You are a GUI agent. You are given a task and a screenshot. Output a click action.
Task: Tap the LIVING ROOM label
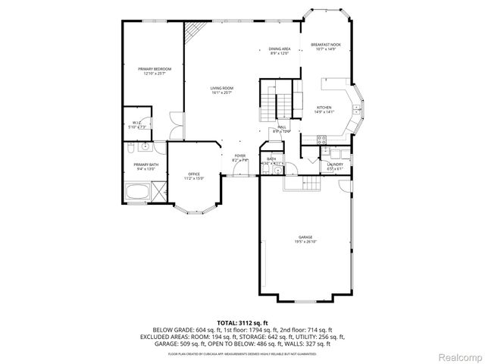point(222,89)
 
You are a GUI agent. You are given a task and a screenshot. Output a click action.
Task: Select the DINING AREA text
point(280,49)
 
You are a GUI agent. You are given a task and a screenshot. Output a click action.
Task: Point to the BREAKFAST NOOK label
point(326,45)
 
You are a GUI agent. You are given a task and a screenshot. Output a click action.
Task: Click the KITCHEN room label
point(324,108)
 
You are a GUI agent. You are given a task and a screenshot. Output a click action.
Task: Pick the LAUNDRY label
point(335,164)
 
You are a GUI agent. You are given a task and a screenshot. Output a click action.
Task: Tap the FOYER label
point(239,156)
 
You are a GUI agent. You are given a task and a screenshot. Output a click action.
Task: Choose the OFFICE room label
point(194,174)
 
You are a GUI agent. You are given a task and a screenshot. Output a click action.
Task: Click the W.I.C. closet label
point(136,122)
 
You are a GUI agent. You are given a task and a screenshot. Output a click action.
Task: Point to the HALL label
point(281,127)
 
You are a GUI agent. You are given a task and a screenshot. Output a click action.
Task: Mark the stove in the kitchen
point(321,140)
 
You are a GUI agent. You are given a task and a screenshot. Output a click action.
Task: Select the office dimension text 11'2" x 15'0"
point(194,179)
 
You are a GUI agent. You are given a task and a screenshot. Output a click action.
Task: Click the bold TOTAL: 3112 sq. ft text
point(242,324)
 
